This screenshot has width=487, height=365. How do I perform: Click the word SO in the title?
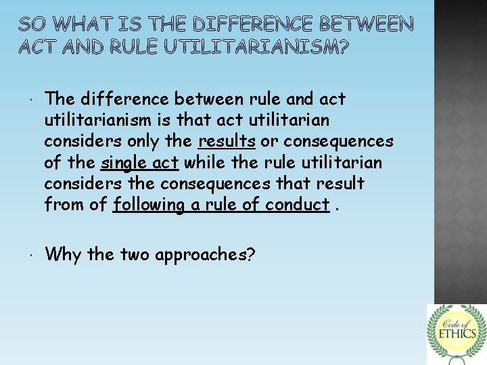(x=31, y=25)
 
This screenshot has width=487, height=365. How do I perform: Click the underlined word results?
(x=227, y=141)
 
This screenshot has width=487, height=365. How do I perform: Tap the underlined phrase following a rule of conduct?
(x=221, y=204)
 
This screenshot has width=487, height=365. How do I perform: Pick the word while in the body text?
(x=206, y=162)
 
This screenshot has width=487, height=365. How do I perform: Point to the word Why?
(x=64, y=255)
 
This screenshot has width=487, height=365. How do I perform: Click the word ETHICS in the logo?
(x=457, y=333)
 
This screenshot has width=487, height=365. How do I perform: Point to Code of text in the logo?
(x=457, y=319)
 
